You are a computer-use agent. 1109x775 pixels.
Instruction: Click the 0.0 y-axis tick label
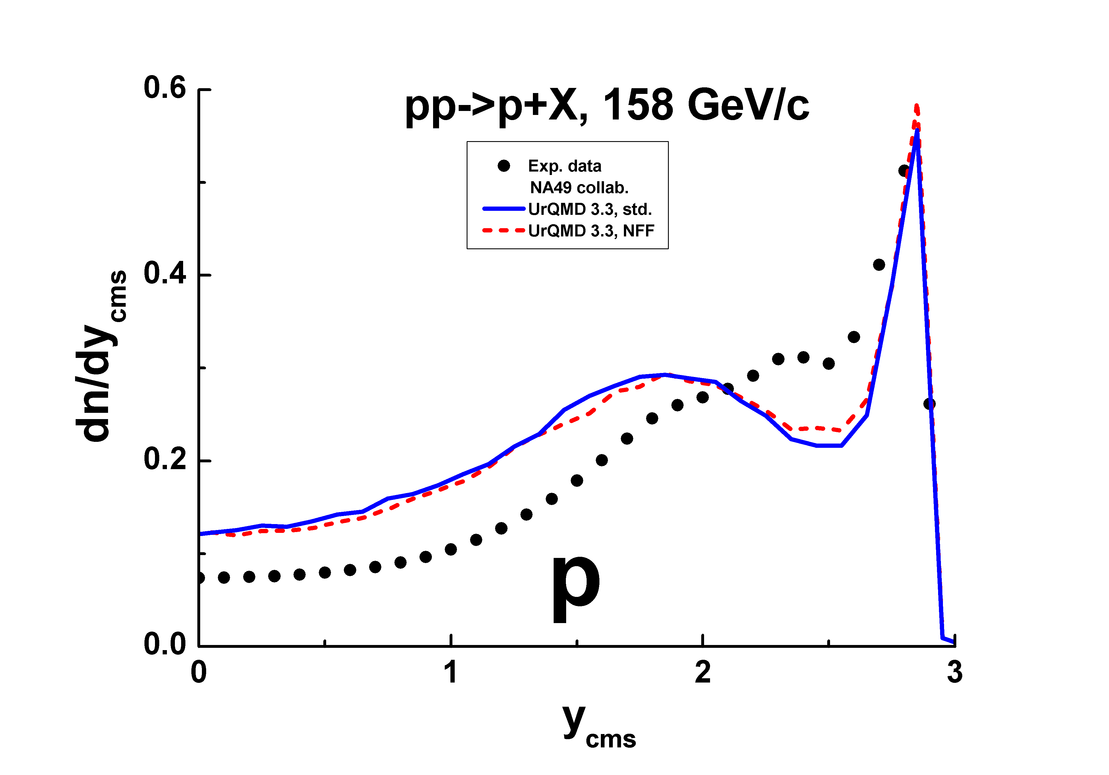[x=165, y=644]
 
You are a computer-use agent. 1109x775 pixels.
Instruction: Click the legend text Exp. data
[x=565, y=166]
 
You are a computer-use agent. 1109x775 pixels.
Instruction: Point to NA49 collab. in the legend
[x=579, y=187]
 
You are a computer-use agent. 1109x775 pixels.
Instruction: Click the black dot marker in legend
[x=504, y=166]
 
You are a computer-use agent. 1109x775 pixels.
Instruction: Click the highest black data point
[x=904, y=170]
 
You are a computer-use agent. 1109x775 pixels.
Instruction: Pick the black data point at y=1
[x=451, y=549]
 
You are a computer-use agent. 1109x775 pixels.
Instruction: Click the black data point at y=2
[x=703, y=397]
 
